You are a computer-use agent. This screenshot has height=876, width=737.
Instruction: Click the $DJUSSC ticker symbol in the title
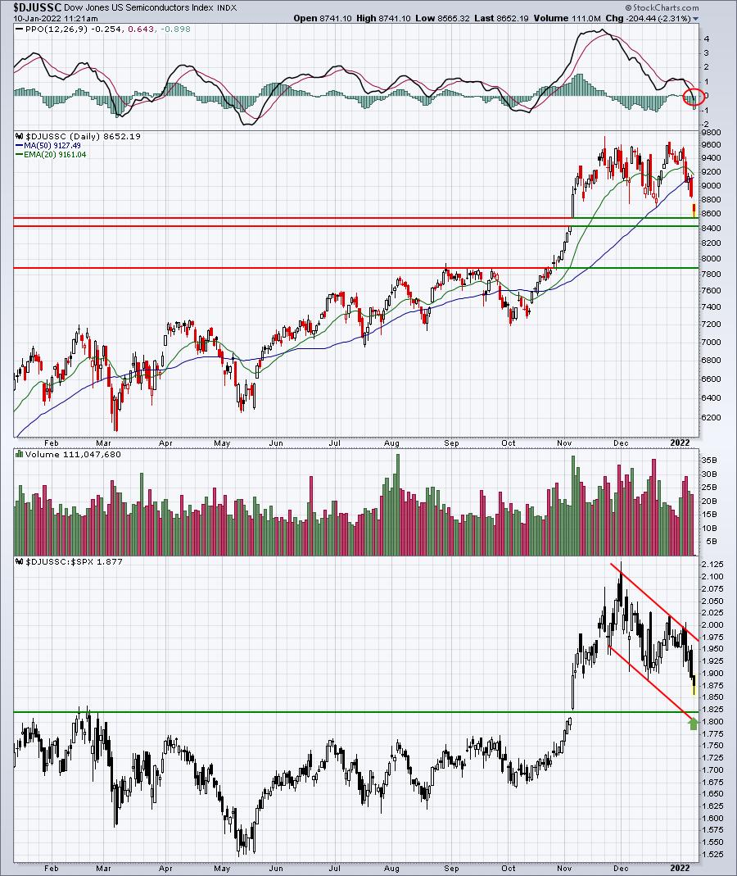click(38, 8)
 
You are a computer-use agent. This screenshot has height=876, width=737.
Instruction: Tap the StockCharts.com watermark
click(662, 8)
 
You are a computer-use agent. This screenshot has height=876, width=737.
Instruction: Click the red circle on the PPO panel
click(694, 97)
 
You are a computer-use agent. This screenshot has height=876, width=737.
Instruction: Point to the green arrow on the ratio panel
click(694, 724)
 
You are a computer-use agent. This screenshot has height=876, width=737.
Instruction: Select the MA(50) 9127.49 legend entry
click(52, 146)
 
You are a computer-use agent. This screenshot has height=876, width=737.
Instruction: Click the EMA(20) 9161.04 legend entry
click(55, 155)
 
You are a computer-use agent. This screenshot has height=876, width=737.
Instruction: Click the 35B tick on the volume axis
click(710, 460)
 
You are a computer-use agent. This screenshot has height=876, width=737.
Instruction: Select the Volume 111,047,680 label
click(73, 454)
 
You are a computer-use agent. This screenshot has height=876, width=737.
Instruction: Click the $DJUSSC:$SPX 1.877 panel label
click(74, 561)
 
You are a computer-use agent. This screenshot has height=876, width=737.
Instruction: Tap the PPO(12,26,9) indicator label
click(57, 29)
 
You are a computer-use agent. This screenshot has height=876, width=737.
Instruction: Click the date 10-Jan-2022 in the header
click(37, 18)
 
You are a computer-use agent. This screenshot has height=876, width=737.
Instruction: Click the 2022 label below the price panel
click(680, 443)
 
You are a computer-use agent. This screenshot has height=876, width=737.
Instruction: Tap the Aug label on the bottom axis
click(392, 868)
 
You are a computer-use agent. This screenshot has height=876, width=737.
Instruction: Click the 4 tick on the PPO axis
click(707, 39)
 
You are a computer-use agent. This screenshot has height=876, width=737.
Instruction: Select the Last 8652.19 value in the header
click(501, 18)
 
